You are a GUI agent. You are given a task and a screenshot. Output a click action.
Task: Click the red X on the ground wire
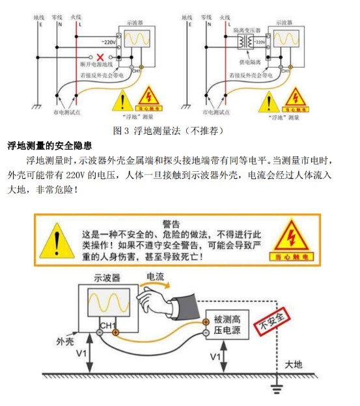tap(99, 57)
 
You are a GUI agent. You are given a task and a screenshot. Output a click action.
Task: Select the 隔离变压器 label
tap(248, 30)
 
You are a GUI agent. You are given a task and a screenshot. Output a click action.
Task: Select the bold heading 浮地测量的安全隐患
tap(49, 145)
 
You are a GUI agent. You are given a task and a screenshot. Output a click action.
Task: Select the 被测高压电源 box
tap(228, 325)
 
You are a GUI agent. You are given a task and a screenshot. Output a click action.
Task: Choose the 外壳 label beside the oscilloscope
tap(66, 341)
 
